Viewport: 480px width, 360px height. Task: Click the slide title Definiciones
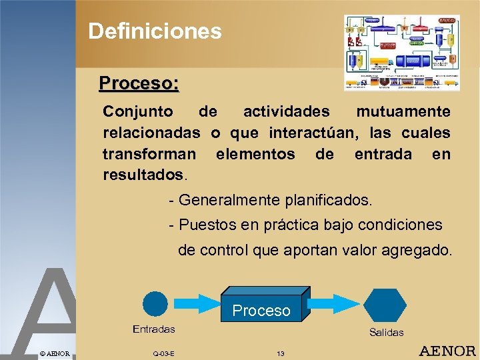pyautogui.click(x=155, y=31)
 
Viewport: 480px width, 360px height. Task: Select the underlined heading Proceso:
pyautogui.click(x=139, y=83)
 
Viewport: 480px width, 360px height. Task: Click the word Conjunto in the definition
pyautogui.click(x=138, y=111)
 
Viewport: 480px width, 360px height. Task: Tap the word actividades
pyautogui.click(x=286, y=111)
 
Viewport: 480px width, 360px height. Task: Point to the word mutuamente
pyautogui.click(x=403, y=111)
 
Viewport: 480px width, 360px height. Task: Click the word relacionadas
pyautogui.click(x=151, y=133)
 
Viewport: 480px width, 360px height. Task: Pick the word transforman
pyautogui.click(x=149, y=154)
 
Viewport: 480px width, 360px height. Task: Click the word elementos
pyautogui.click(x=255, y=154)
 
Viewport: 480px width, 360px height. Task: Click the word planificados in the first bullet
pyautogui.click(x=329, y=200)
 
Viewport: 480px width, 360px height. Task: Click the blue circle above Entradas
pyautogui.click(x=155, y=305)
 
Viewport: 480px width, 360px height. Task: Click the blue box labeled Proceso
pyautogui.click(x=263, y=305)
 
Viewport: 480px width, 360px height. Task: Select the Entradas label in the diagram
pyautogui.click(x=154, y=329)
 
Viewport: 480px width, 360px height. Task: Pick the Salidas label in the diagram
pyautogui.click(x=386, y=332)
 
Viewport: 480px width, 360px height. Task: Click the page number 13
pyautogui.click(x=280, y=353)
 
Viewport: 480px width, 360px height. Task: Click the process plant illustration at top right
pyautogui.click(x=402, y=53)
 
